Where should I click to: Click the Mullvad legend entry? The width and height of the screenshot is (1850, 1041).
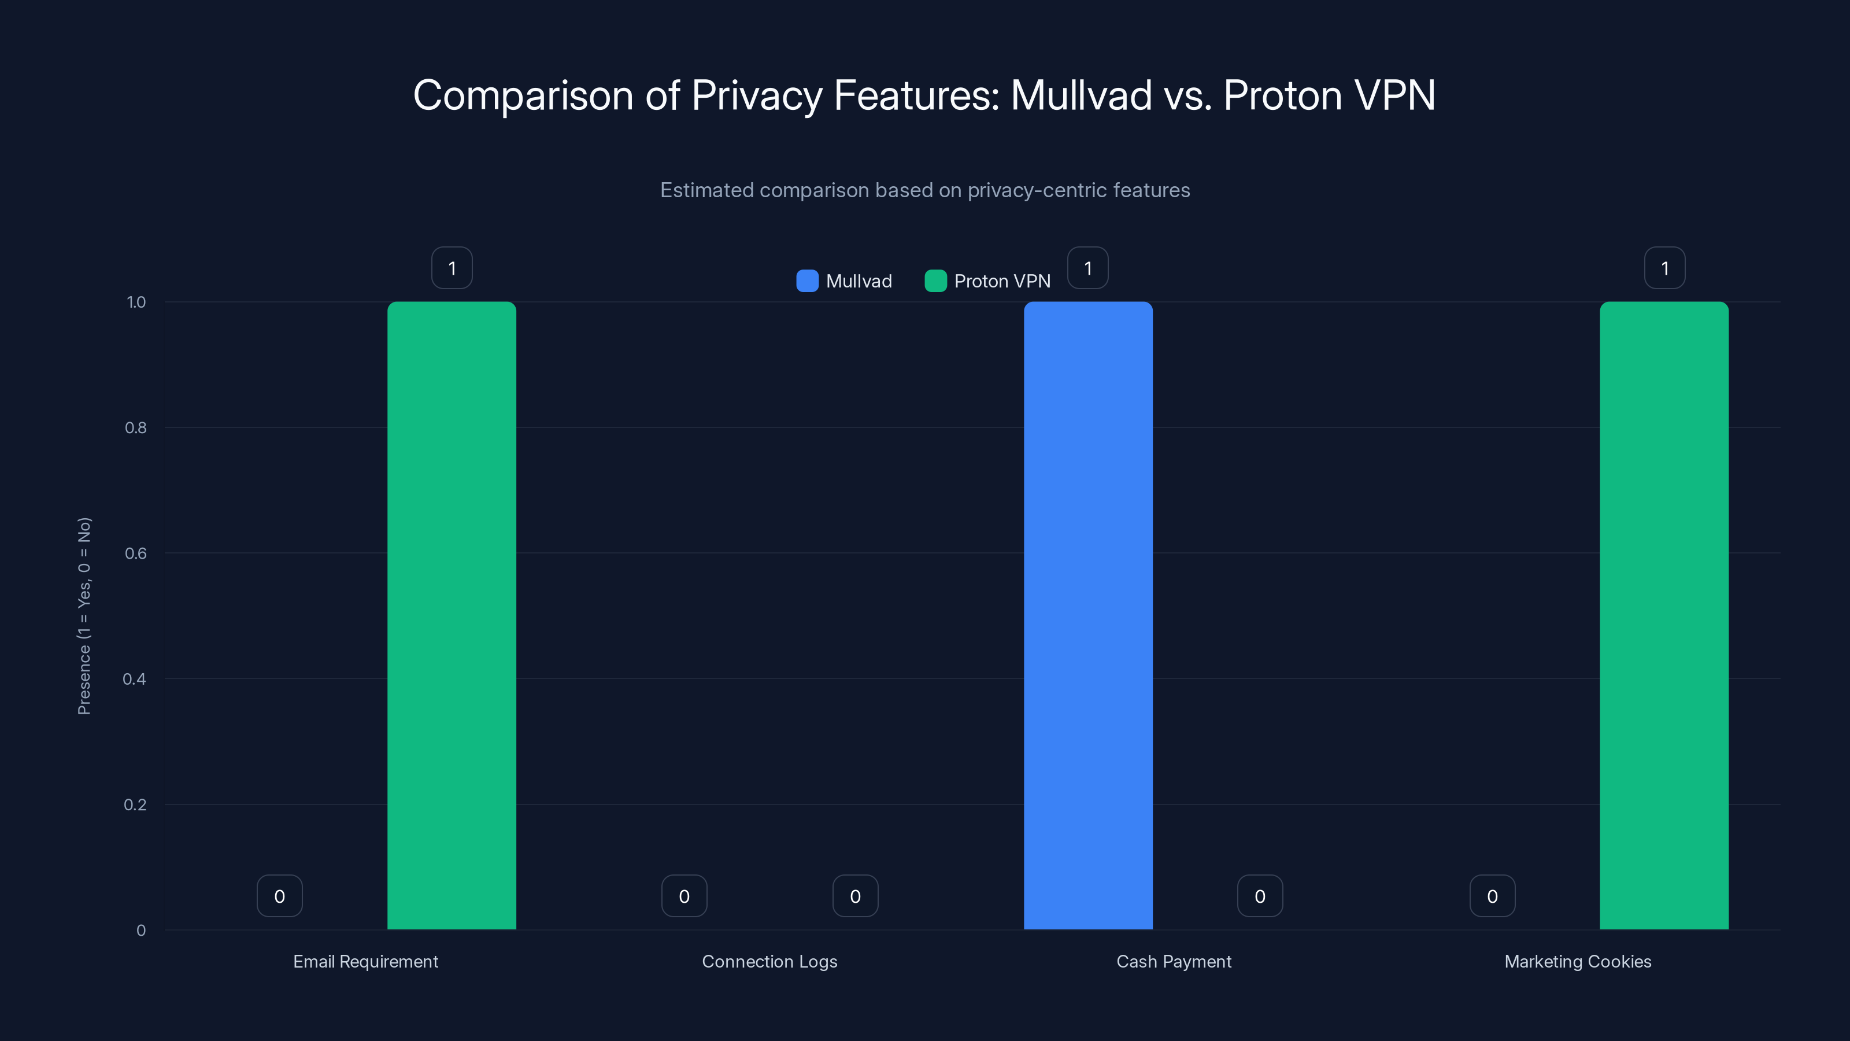845,281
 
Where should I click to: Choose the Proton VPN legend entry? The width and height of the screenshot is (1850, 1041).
987,281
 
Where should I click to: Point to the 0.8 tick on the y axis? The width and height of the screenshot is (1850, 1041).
136,428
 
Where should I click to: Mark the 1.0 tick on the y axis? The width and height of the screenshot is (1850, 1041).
136,302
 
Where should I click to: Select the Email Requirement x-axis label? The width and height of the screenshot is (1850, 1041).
365,961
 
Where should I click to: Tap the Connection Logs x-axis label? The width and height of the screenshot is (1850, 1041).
769,961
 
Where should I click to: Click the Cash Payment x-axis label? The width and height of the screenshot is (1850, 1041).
1174,961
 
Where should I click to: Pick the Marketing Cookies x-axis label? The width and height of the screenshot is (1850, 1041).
1578,961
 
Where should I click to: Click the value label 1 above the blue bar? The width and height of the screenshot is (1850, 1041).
1088,268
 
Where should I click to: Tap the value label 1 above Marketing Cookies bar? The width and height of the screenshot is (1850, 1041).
1665,268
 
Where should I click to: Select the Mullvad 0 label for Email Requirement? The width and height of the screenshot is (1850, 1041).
279,896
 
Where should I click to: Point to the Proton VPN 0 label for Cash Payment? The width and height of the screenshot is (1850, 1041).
1260,896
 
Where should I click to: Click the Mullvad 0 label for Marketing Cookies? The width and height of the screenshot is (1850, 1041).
1492,896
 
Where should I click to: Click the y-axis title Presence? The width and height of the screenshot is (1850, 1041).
84,616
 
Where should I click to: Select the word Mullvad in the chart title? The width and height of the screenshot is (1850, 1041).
1081,95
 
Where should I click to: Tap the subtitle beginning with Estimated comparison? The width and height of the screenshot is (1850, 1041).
925,190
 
